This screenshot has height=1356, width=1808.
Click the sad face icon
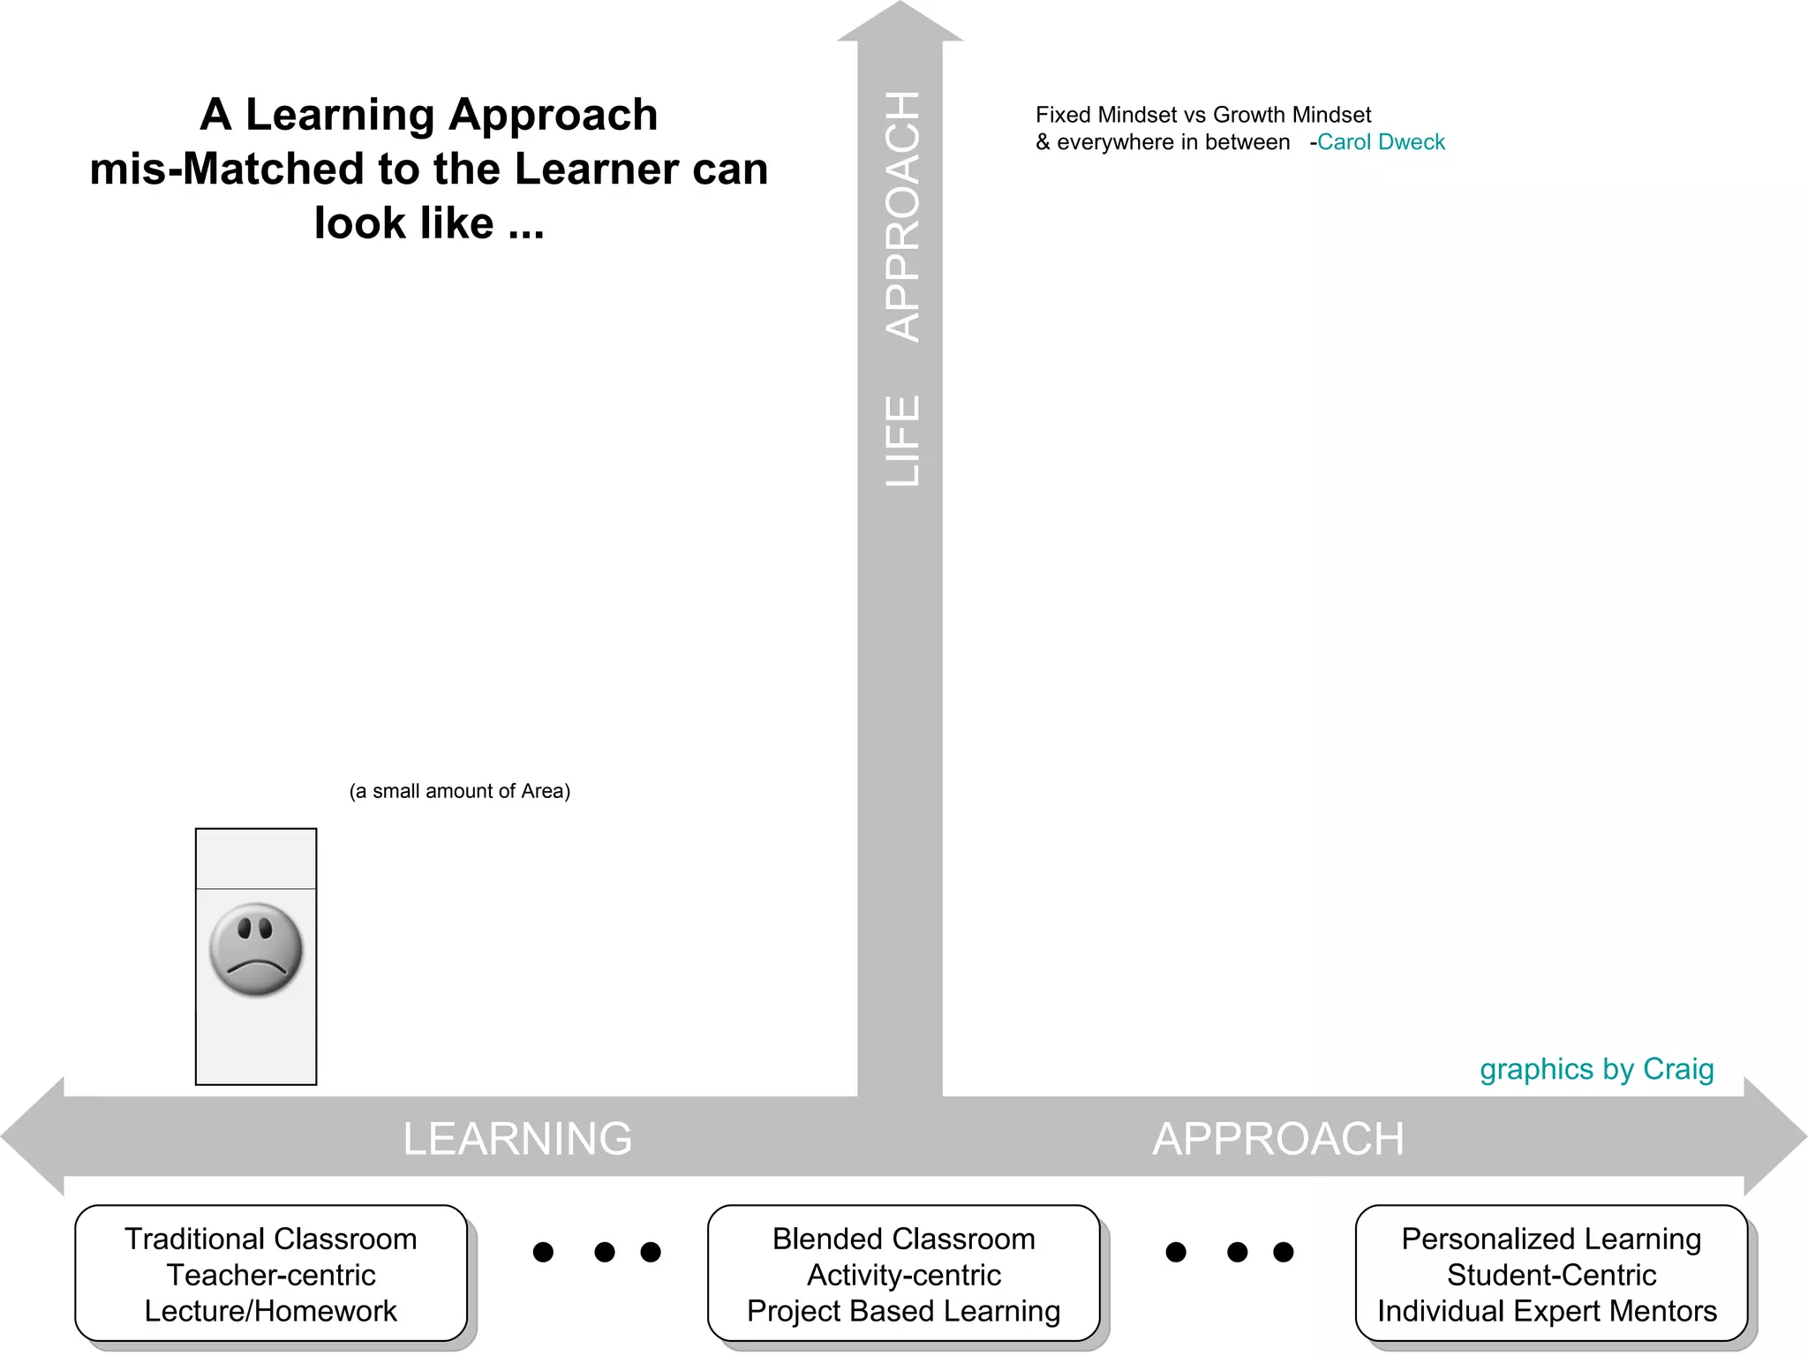coord(256,950)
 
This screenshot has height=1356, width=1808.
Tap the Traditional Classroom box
coord(271,1273)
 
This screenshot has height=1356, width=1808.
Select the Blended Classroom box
coord(903,1273)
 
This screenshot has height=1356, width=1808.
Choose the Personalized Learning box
coord(1551,1273)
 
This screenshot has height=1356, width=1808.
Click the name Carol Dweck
coord(1381,142)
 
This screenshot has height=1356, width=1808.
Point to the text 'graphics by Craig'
coord(1596,1069)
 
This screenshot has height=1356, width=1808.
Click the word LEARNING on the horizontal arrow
coord(517,1138)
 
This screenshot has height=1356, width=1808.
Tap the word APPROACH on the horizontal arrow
coord(1277,1138)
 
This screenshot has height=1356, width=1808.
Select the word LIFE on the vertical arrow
coord(902,441)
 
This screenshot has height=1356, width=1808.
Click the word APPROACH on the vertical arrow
coord(902,216)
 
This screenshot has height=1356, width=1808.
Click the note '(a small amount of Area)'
coord(460,791)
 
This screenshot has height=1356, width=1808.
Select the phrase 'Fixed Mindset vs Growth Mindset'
coord(1202,115)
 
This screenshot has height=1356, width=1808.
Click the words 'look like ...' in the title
coord(429,222)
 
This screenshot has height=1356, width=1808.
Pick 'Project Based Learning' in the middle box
coord(903,1311)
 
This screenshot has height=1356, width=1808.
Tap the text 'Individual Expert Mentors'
coord(1547,1311)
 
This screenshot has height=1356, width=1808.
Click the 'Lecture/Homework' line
coord(271,1311)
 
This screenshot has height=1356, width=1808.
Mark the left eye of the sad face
coord(245,929)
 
